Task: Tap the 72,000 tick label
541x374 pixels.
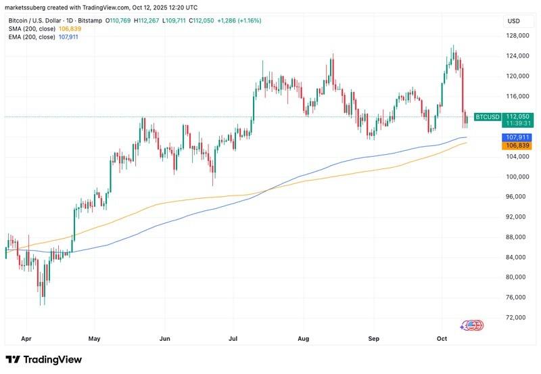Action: tap(518, 317)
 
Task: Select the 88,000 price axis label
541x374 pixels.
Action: tap(518, 237)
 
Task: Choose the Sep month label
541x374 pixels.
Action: tap(373, 337)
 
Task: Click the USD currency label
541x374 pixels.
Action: tap(513, 21)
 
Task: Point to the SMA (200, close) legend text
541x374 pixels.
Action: tap(32, 29)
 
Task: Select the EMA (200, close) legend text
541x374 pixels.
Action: tap(32, 37)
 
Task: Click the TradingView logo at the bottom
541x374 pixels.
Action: tap(44, 360)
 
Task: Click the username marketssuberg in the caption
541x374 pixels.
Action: tap(28, 7)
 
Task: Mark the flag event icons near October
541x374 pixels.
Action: tap(471, 325)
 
